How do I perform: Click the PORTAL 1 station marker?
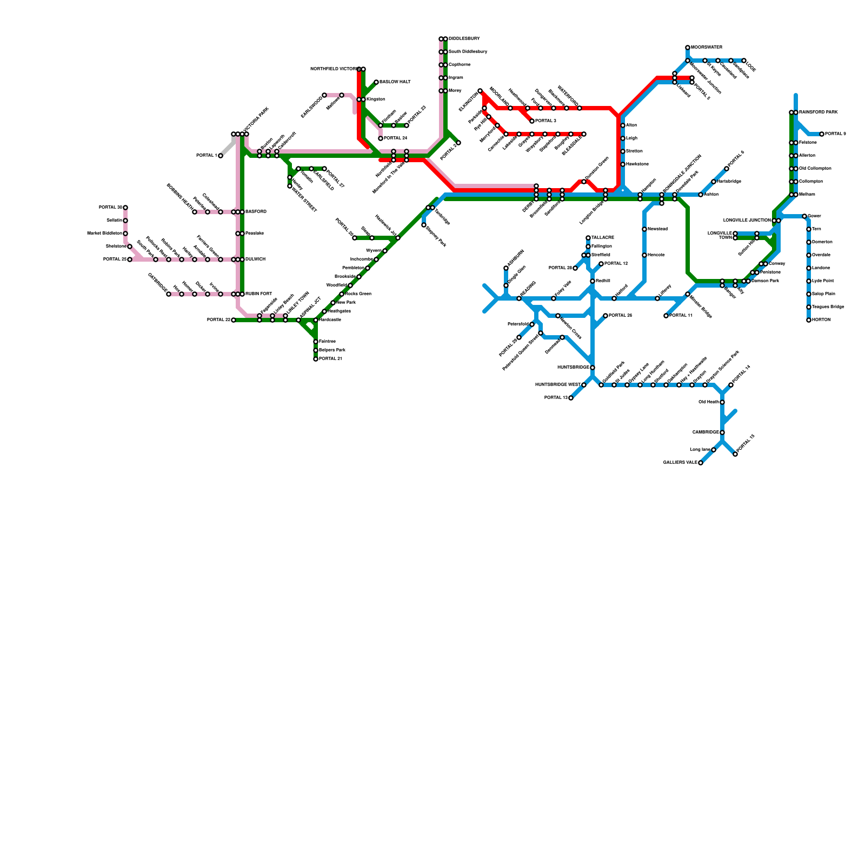coord(221,156)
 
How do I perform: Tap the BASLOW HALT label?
coord(395,82)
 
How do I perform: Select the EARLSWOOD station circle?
coord(324,95)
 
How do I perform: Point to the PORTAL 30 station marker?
coord(125,208)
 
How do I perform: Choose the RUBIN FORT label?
coord(258,294)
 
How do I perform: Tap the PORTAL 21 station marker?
coord(316,359)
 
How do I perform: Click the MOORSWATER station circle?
coord(688,48)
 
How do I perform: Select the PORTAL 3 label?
coord(546,121)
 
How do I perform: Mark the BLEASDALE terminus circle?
coord(584,134)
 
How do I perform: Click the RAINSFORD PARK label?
coord(819,112)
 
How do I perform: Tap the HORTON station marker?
coord(809,320)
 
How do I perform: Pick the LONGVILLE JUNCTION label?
coord(747,221)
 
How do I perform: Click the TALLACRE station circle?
coord(588,238)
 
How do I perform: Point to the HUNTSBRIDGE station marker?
coord(593,368)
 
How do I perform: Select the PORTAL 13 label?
coord(555,398)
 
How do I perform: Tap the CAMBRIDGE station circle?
coord(722,432)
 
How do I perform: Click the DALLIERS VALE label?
coord(680,463)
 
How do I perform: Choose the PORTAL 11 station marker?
coord(666,316)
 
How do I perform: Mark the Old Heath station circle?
coord(722,402)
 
